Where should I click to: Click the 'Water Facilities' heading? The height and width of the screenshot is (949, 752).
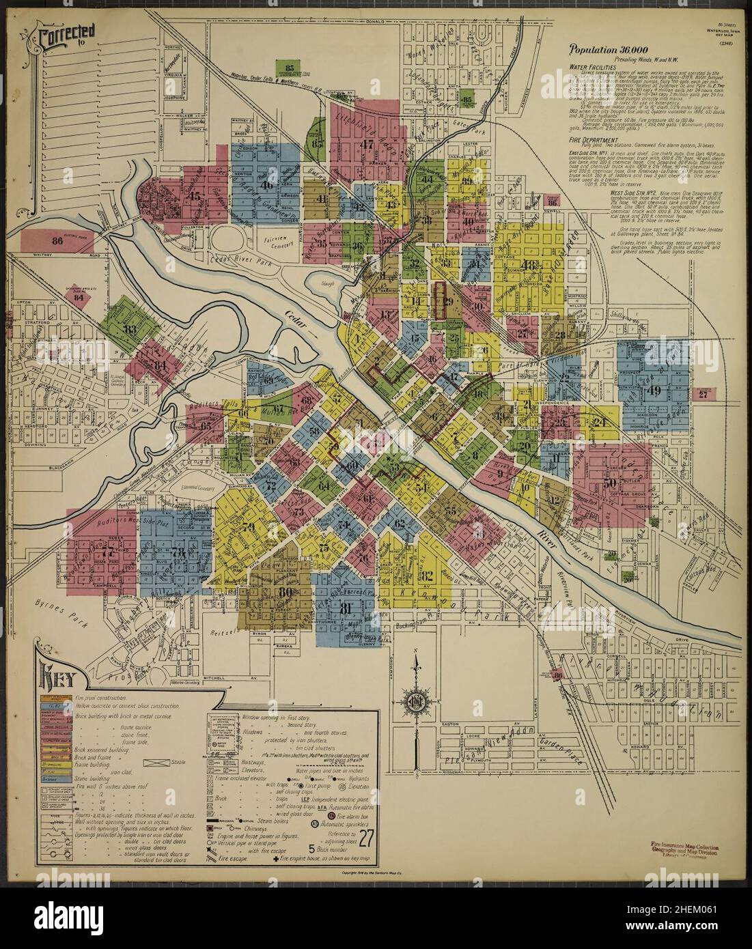(x=594, y=68)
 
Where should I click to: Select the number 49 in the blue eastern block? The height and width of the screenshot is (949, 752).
(x=654, y=391)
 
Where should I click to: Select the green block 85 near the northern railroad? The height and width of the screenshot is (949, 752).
(x=290, y=68)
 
